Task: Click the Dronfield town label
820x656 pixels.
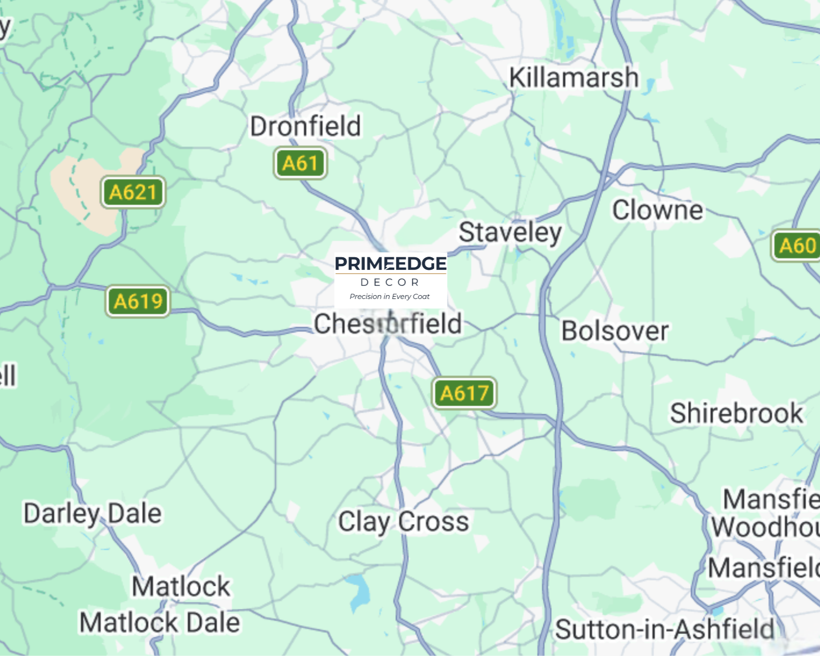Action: (306, 126)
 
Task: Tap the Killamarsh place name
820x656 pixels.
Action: (574, 77)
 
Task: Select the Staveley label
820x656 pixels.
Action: (510, 232)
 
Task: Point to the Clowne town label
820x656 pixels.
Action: (657, 210)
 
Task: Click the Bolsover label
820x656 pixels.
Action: (615, 331)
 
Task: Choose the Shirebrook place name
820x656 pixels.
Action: (736, 413)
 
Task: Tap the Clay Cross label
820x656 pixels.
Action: (403, 522)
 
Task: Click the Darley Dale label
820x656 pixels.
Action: (93, 514)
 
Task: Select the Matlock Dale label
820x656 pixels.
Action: (159, 622)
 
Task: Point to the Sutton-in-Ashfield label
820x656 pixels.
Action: (664, 629)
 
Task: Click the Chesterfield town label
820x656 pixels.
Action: (388, 324)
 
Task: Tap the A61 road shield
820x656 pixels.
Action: (300, 163)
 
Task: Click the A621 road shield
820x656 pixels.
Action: (133, 192)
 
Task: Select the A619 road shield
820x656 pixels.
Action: (138, 301)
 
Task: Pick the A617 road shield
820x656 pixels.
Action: (464, 393)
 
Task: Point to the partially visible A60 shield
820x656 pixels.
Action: (797, 246)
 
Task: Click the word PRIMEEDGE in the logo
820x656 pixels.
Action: (390, 263)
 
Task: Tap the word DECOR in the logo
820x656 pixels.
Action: (390, 282)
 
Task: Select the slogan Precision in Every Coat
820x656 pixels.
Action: (389, 297)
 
